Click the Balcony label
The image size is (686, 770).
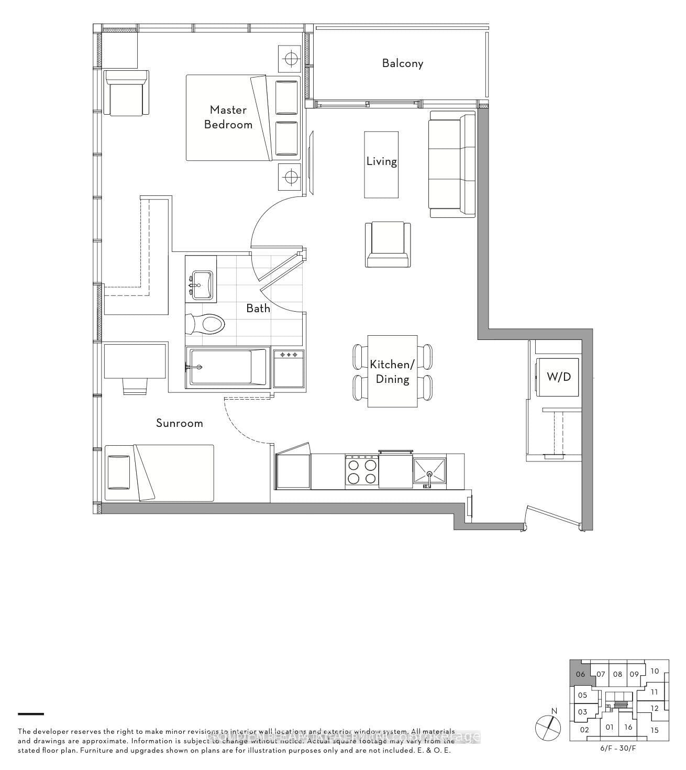(x=402, y=63)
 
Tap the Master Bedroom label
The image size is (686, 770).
(x=228, y=117)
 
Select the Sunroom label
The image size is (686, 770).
(x=180, y=423)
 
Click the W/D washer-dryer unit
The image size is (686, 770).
(x=559, y=377)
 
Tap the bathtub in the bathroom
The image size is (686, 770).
(x=228, y=367)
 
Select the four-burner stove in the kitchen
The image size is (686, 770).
(x=361, y=471)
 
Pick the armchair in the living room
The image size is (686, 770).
(x=388, y=245)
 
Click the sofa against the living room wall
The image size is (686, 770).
(x=452, y=164)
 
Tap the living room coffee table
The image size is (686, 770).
(x=381, y=164)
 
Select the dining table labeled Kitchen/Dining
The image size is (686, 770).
(x=392, y=371)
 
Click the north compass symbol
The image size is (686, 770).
(x=548, y=726)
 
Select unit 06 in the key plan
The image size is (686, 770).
(x=580, y=674)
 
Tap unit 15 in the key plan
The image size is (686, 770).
(x=655, y=730)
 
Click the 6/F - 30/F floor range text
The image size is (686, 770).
(x=618, y=748)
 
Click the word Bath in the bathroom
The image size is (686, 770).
(x=258, y=309)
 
